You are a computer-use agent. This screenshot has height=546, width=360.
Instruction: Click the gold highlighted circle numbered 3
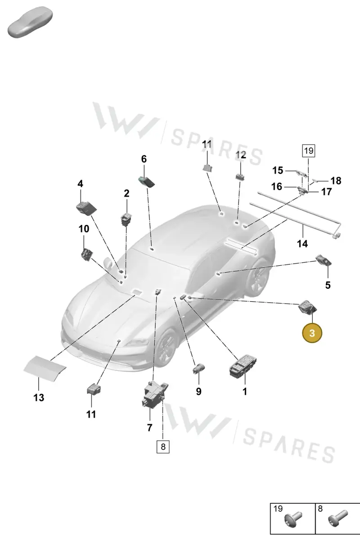(x=312, y=333)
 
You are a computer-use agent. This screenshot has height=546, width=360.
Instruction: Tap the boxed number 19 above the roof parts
(x=309, y=151)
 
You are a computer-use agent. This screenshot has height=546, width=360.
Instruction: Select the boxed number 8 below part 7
(x=163, y=447)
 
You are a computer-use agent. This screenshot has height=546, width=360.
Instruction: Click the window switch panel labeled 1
(x=243, y=366)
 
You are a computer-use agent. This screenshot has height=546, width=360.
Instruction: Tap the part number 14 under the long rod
(x=302, y=244)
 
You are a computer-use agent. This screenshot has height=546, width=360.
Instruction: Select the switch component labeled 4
(x=86, y=208)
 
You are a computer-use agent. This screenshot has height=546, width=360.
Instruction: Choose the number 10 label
(x=84, y=229)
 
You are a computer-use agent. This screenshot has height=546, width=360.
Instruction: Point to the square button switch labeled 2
(x=126, y=219)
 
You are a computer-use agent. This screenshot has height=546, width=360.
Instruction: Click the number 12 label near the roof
(x=241, y=155)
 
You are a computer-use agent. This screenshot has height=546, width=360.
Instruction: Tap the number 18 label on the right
(x=336, y=181)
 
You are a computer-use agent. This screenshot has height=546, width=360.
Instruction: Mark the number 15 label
(x=278, y=170)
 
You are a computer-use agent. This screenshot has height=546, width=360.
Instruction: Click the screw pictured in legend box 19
(x=293, y=519)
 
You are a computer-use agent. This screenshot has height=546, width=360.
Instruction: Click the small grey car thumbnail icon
(x=30, y=22)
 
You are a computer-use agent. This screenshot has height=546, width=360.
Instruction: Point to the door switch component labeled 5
(x=324, y=260)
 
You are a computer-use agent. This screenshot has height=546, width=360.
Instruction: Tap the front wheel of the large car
(x=166, y=346)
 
